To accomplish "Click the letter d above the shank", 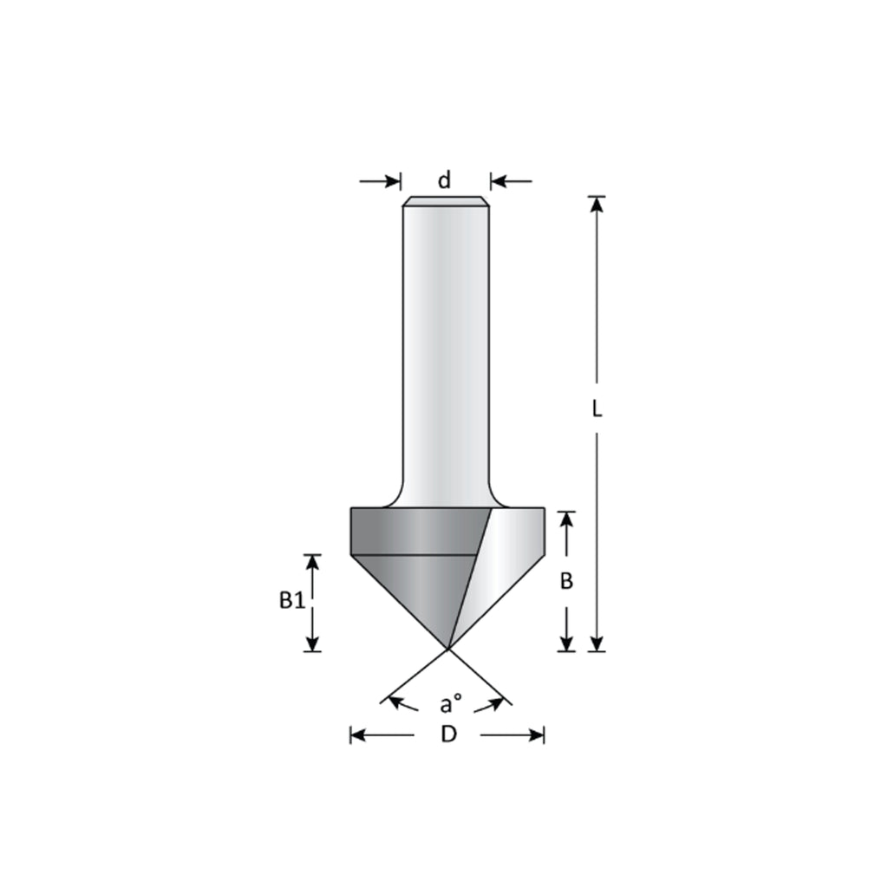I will (x=444, y=180).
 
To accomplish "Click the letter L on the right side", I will (x=597, y=409).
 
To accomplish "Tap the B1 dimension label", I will (x=291, y=600).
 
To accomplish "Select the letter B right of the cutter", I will (x=566, y=581).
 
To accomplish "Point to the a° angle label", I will (x=448, y=702).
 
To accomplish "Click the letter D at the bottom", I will (x=447, y=735).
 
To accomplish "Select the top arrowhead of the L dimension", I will (x=597, y=205).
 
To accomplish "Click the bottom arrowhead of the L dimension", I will (x=597, y=643).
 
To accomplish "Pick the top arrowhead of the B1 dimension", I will (x=313, y=562).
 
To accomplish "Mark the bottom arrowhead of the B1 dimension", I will (x=313, y=643).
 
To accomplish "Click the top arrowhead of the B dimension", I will (x=566, y=519).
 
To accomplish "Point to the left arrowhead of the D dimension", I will (x=358, y=735).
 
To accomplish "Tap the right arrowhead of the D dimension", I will (x=536, y=735).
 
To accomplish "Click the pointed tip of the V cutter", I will (x=448, y=647).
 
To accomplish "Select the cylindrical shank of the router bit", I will (x=446, y=347).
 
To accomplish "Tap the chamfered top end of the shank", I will (x=446, y=202).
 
